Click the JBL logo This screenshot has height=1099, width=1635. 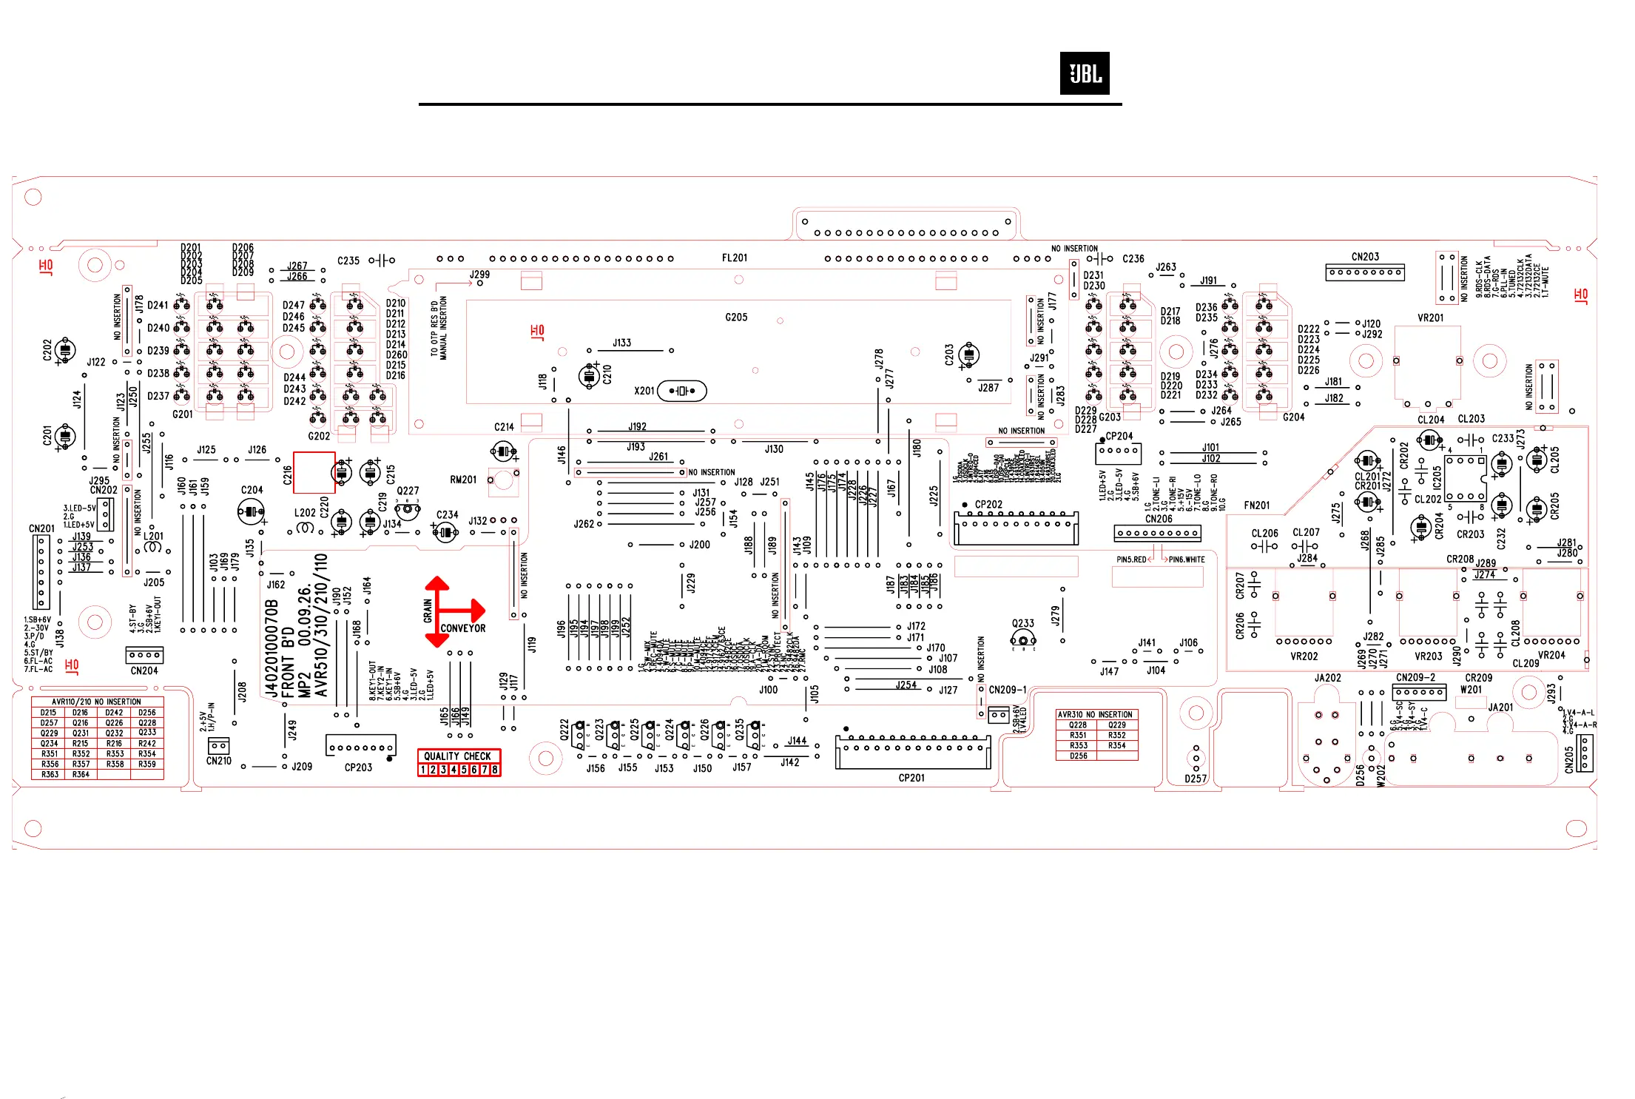[1084, 73]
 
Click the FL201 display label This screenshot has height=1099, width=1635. [734, 258]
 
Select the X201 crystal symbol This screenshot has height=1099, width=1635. [681, 391]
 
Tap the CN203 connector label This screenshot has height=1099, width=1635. [1365, 257]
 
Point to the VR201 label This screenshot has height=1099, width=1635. [1430, 318]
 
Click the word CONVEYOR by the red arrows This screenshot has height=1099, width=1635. [463, 628]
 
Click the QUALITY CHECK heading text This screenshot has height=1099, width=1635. [458, 756]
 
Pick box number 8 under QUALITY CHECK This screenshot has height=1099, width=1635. [495, 770]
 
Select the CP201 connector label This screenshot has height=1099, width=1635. [911, 778]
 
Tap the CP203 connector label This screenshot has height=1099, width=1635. [358, 767]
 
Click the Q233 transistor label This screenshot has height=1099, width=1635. [1022, 623]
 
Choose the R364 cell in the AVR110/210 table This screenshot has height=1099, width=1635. [81, 774]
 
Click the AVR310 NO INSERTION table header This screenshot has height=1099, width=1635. [1095, 714]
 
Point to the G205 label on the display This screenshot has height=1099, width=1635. [736, 317]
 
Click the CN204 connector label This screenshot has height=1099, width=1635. [144, 671]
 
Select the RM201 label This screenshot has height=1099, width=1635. [463, 480]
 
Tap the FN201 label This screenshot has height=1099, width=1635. [1256, 505]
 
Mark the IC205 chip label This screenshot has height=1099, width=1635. [1437, 477]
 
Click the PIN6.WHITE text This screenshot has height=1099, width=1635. [1187, 559]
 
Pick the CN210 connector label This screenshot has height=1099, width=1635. [218, 761]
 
